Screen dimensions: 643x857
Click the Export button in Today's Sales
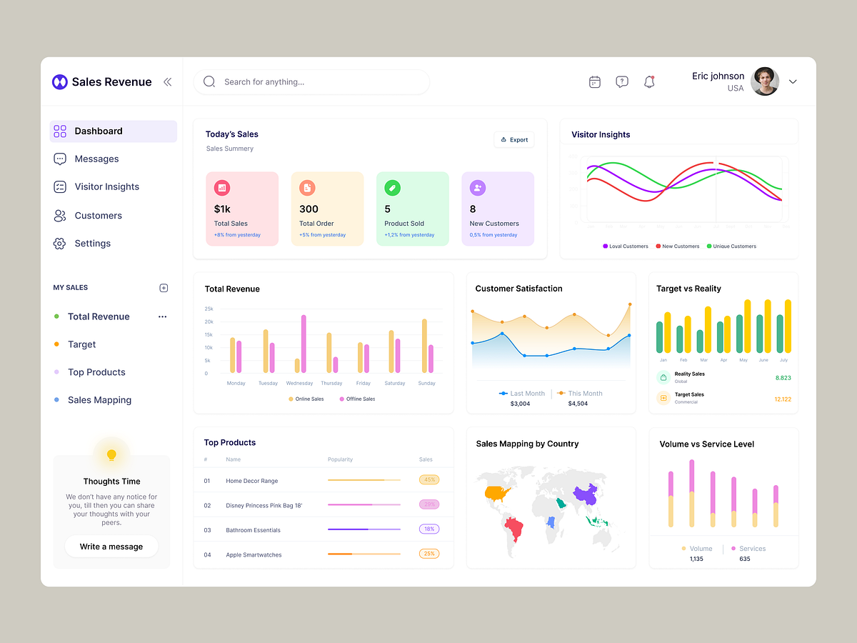[x=514, y=140]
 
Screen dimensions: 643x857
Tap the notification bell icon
[x=649, y=82]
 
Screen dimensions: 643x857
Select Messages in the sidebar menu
[x=96, y=159]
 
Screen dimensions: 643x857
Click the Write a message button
[x=111, y=547]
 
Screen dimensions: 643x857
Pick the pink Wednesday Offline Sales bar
[x=304, y=344]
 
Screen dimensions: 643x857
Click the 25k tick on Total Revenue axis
[x=209, y=309]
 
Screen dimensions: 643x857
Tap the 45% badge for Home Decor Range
[x=429, y=480]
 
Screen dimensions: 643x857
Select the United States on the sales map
[x=498, y=492]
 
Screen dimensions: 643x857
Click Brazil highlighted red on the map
[x=514, y=529]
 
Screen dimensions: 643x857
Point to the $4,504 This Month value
[x=578, y=404]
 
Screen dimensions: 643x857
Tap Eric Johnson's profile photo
[x=765, y=81]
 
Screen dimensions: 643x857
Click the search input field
[x=314, y=82]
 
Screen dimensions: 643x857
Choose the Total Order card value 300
[x=309, y=209]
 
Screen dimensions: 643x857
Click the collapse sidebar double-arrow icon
[x=167, y=82]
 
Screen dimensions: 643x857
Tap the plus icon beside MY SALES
[x=164, y=288]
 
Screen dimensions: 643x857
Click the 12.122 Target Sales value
[x=782, y=399]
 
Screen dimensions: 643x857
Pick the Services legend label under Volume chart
[x=752, y=549]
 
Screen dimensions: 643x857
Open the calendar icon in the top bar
[x=595, y=82]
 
